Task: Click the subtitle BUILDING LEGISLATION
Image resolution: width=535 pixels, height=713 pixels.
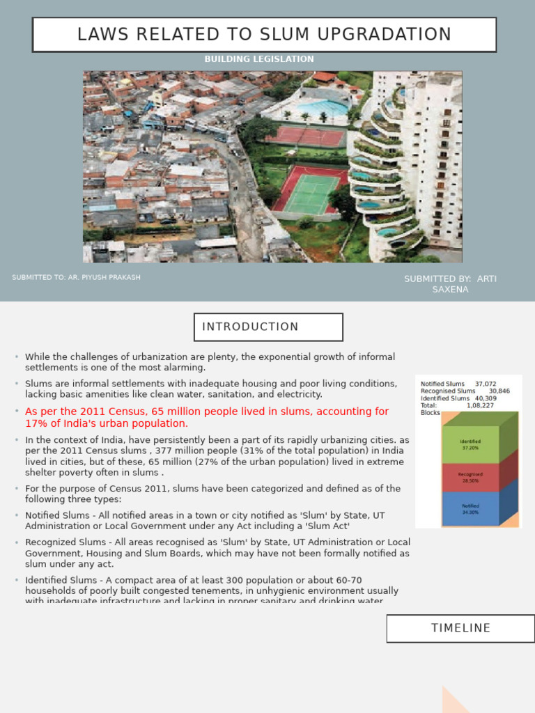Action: click(259, 59)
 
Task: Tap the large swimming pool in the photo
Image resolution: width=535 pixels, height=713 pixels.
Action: click(321, 109)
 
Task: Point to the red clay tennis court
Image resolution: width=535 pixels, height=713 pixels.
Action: click(307, 136)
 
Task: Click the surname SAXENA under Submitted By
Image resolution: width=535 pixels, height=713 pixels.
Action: click(450, 290)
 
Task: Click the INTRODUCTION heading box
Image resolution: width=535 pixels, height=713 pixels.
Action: click(268, 327)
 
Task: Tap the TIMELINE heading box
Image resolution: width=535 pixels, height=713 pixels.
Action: click(460, 628)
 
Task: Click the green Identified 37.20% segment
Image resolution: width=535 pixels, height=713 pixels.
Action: click(470, 444)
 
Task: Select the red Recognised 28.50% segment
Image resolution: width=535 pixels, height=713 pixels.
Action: click(470, 478)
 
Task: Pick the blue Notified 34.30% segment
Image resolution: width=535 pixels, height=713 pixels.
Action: click(470, 509)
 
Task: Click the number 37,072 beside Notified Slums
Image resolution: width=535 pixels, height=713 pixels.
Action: click(486, 384)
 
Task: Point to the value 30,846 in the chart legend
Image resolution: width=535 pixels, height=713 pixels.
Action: click(499, 391)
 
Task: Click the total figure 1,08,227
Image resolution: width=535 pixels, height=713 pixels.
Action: click(480, 405)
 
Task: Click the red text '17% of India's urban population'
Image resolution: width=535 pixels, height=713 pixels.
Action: click(107, 423)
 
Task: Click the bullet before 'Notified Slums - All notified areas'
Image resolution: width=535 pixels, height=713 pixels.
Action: click(16, 515)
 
